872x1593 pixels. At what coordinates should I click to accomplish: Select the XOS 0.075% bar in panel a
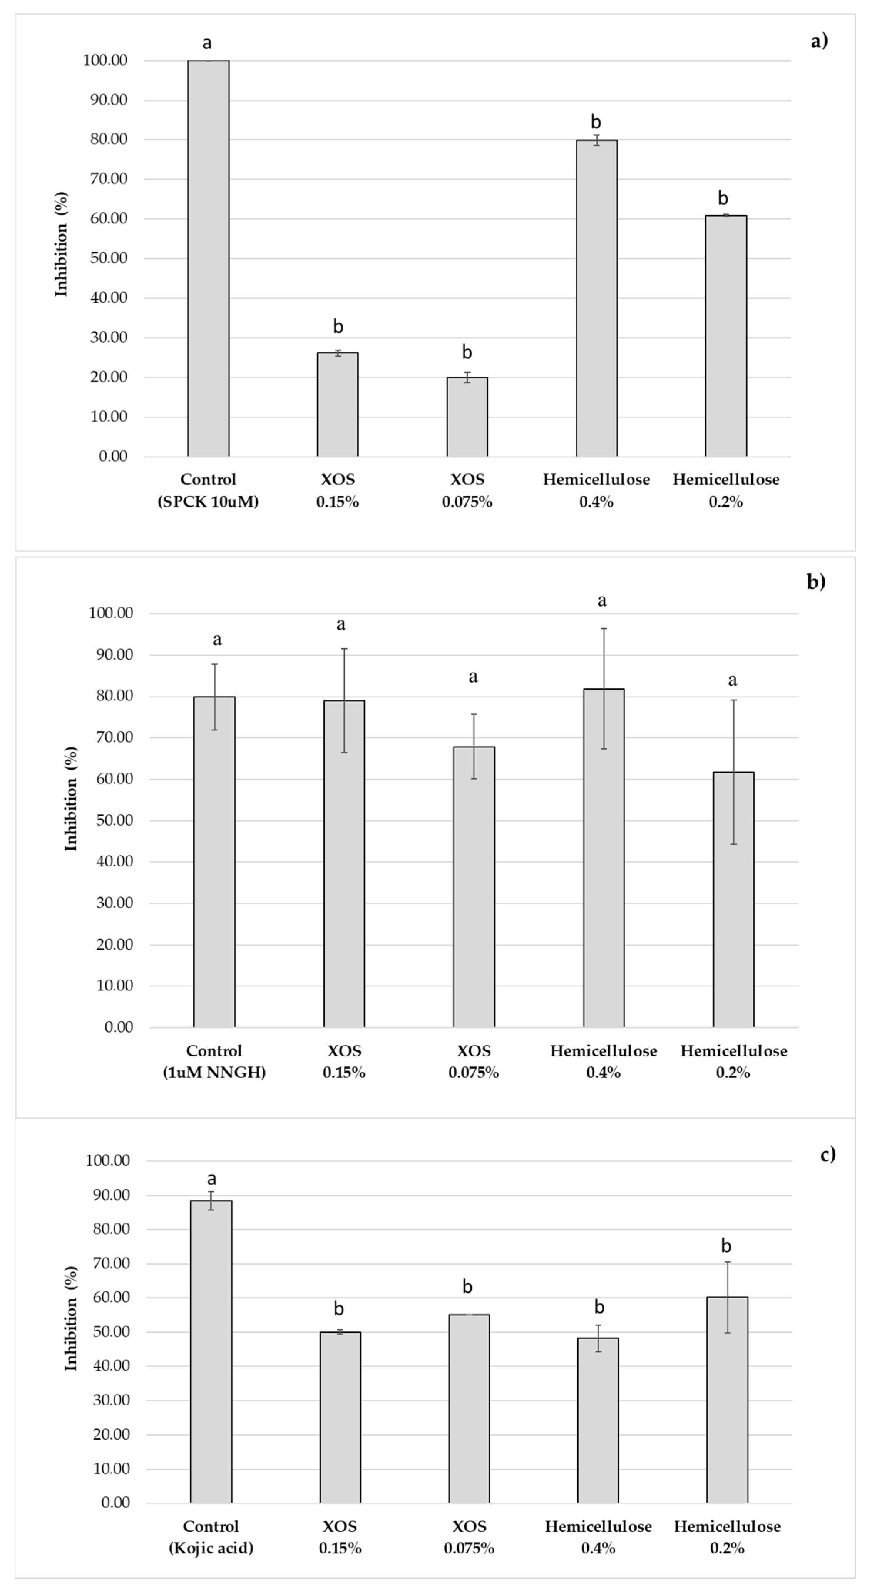click(x=467, y=417)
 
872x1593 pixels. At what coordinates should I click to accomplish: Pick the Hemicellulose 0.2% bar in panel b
click(x=733, y=900)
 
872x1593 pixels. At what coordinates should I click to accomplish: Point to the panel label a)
click(x=819, y=41)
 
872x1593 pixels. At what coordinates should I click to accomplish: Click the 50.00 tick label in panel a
click(x=109, y=258)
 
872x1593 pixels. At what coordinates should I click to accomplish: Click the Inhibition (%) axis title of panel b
click(x=71, y=799)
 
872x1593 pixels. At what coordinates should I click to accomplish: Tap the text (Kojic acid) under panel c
click(x=211, y=1548)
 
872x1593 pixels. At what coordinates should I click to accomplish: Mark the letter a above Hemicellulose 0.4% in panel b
click(x=602, y=600)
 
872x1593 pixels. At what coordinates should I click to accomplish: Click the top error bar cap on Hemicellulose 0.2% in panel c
click(x=727, y=1262)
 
